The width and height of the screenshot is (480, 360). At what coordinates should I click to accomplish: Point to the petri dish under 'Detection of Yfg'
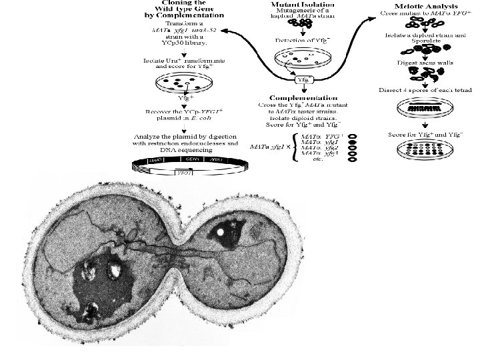(x=305, y=58)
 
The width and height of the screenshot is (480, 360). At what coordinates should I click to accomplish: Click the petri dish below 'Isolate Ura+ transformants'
(x=178, y=83)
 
